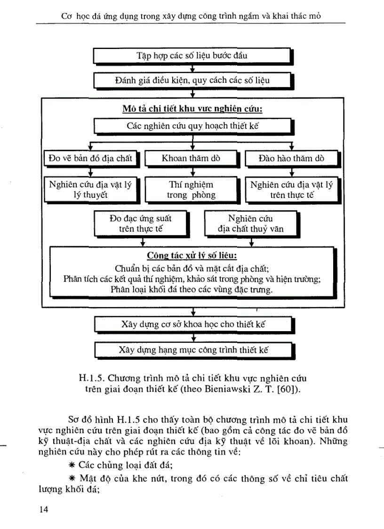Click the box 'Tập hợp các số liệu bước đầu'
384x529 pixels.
coord(192,56)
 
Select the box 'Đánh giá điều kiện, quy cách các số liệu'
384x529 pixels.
coord(192,81)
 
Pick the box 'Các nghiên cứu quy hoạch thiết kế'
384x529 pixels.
coord(192,126)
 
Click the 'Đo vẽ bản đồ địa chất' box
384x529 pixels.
coord(91,158)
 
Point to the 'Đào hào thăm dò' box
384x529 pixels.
coord(291,158)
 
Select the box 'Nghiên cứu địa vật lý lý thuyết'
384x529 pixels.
coord(90,189)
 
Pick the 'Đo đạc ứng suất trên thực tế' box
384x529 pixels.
coord(140,224)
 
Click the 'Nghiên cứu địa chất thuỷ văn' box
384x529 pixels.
coord(250,224)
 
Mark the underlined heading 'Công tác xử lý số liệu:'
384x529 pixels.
coord(192,256)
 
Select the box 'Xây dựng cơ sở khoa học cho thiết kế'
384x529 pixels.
coord(192,324)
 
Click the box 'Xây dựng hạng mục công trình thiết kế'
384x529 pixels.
coord(192,350)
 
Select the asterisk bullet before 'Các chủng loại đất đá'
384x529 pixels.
coord(72,464)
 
